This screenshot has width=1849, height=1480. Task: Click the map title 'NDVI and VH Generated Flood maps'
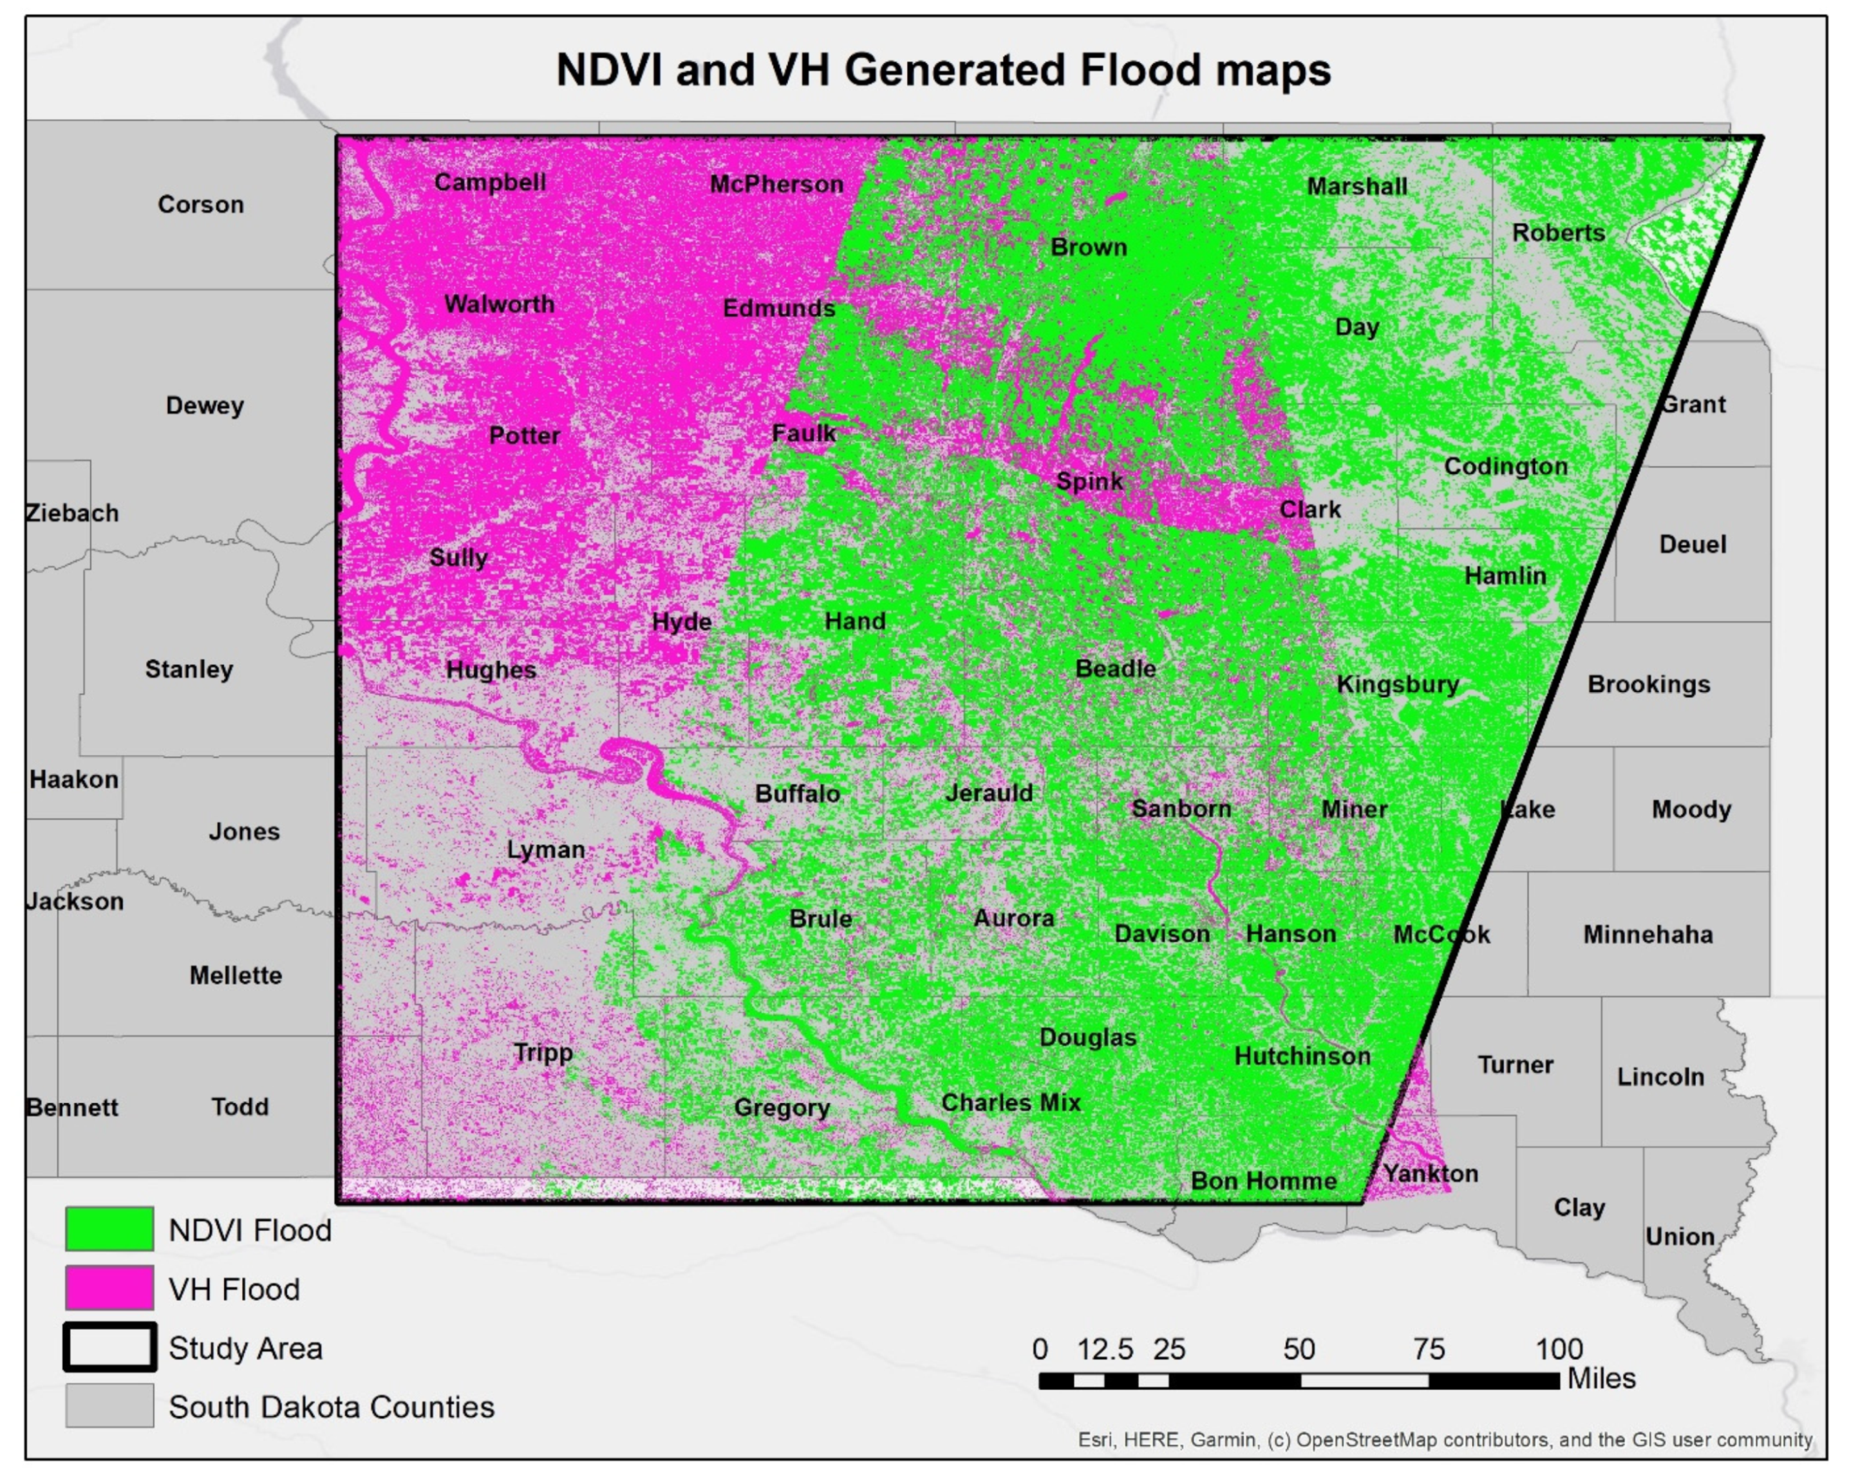click(943, 70)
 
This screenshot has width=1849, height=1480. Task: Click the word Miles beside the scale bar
click(1601, 1379)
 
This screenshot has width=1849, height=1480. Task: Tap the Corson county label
click(201, 205)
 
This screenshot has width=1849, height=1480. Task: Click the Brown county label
click(1088, 248)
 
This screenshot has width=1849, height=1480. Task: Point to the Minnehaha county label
click(1647, 935)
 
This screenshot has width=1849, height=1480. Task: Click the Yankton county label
click(1431, 1174)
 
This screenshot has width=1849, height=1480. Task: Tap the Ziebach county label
click(72, 514)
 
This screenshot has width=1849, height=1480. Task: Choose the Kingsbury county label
click(1397, 685)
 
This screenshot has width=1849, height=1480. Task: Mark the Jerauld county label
click(989, 793)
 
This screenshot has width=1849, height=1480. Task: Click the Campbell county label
click(490, 183)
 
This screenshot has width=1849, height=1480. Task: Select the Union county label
click(1679, 1237)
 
